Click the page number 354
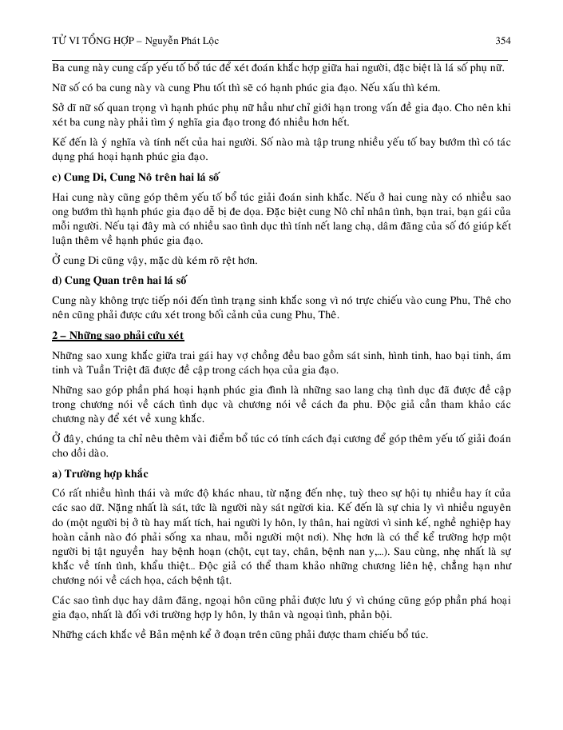[502, 39]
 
